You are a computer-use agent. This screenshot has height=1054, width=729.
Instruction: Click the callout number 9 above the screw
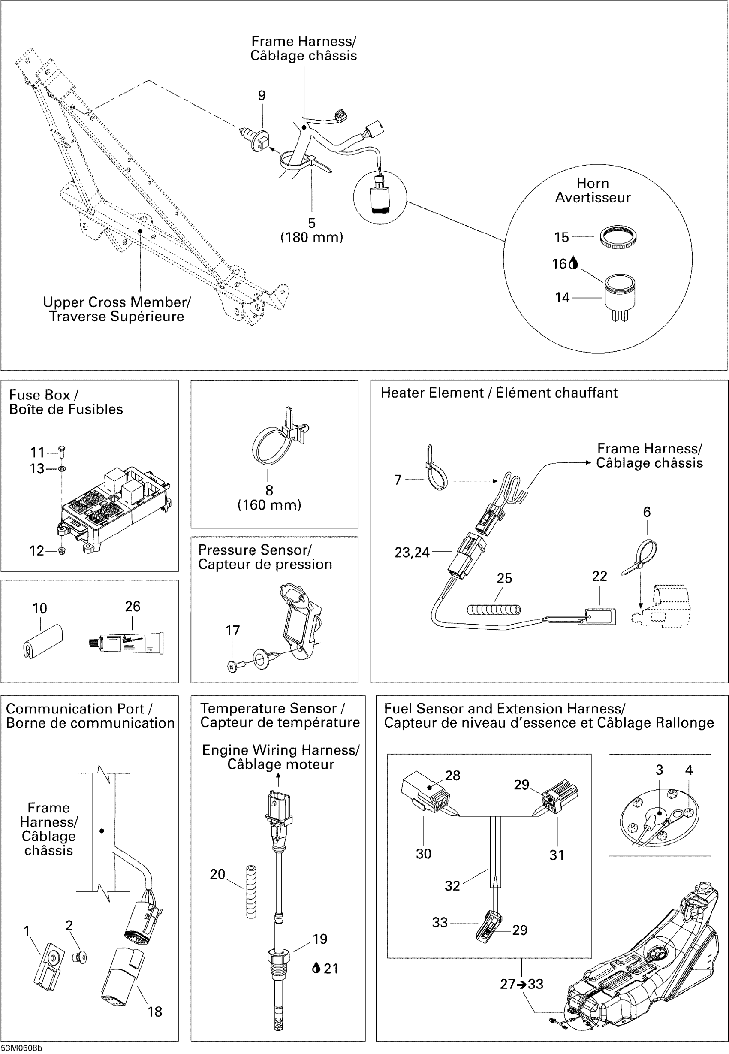tap(262, 96)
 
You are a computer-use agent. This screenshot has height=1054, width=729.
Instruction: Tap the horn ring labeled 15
tap(618, 237)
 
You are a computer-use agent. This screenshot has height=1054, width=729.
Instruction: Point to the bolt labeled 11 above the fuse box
tap(62, 451)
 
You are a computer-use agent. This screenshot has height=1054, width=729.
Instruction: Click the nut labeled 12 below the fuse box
tap(62, 550)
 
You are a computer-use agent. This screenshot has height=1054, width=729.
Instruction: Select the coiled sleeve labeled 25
tap(493, 610)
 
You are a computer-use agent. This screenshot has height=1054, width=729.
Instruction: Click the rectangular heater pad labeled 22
tap(600, 616)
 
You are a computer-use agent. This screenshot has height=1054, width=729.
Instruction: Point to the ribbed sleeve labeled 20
tap(251, 891)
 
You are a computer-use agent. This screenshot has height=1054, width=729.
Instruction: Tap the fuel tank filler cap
tap(701, 891)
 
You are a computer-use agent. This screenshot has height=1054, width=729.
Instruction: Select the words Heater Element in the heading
tap(432, 393)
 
